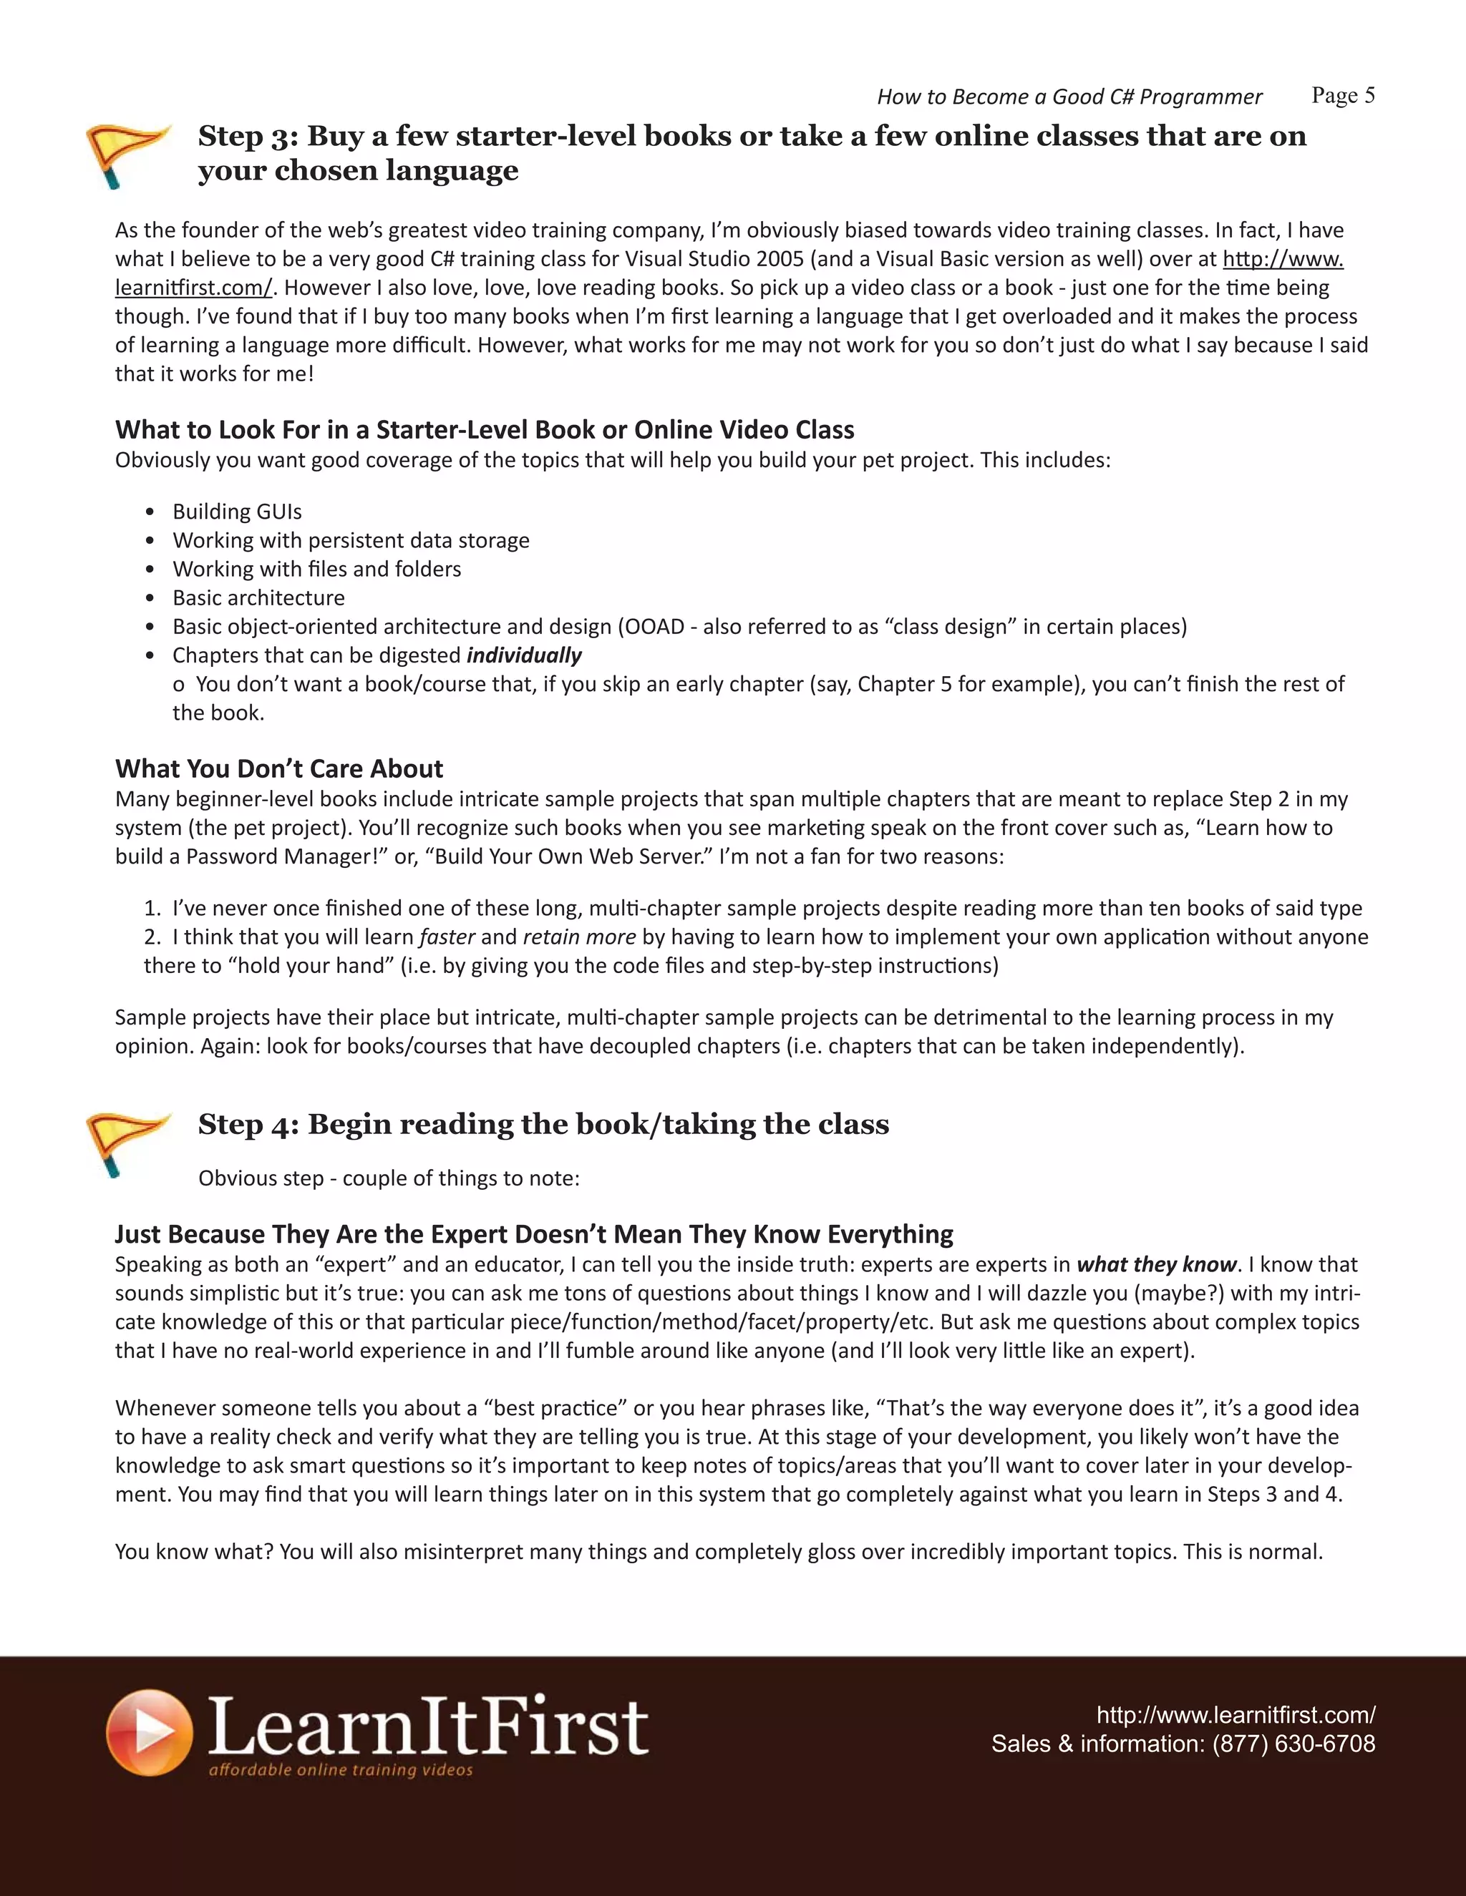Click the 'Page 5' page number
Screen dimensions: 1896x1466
(x=1343, y=95)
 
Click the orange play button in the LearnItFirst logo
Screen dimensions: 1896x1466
(x=150, y=1732)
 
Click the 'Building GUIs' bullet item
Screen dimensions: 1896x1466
(x=237, y=512)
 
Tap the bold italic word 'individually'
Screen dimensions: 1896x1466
(x=524, y=655)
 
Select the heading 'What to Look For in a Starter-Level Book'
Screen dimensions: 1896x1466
(x=484, y=430)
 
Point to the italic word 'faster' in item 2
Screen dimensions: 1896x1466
(x=447, y=937)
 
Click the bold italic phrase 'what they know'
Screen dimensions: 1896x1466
(x=1156, y=1264)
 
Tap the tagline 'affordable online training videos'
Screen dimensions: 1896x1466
(x=341, y=1770)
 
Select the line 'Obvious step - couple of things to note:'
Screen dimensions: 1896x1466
(x=388, y=1178)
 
